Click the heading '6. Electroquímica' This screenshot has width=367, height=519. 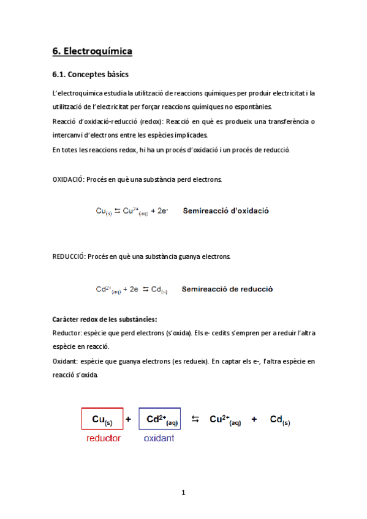[93, 51]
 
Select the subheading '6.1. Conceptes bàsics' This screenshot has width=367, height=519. [90, 75]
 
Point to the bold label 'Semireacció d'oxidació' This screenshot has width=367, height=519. [225, 211]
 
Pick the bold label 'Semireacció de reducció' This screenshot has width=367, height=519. [227, 289]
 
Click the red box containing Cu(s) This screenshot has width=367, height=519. [102, 419]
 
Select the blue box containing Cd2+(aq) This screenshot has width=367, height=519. [160, 419]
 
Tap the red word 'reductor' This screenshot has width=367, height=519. [104, 438]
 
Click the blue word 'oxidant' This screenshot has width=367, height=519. [159, 438]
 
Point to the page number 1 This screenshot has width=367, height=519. [183, 492]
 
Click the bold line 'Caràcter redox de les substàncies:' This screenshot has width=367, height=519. [105, 319]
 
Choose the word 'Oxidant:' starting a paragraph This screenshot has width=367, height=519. [66, 361]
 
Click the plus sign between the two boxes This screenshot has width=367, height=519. [128, 419]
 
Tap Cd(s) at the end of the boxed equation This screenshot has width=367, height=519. [280, 420]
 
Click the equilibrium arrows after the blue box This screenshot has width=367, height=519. [195, 419]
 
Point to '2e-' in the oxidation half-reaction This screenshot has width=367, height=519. [161, 211]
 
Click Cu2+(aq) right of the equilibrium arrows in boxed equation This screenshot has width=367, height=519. [225, 420]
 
